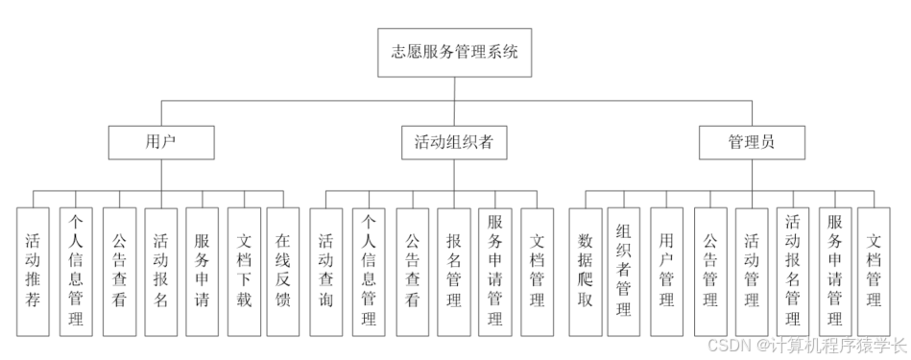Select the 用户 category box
click(x=159, y=143)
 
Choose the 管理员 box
click(x=751, y=143)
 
